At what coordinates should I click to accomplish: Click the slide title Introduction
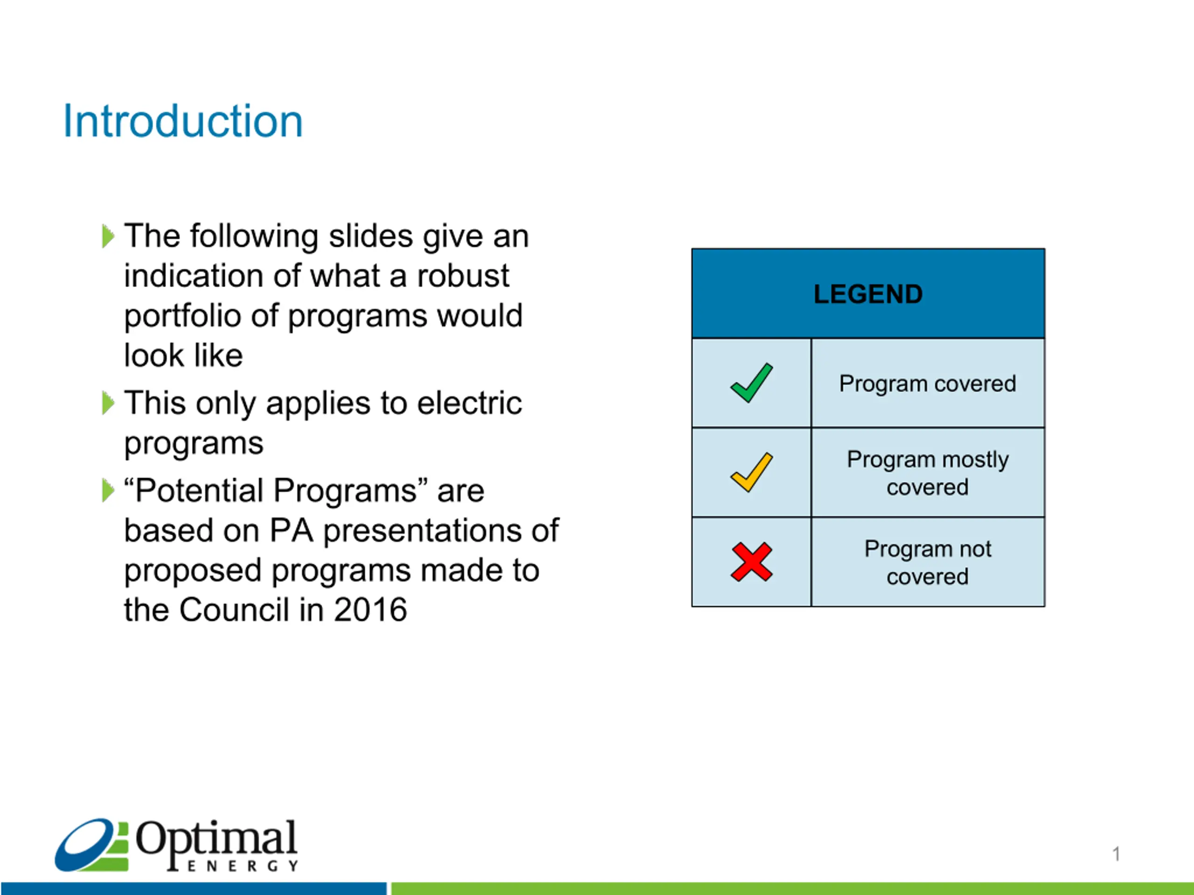182,121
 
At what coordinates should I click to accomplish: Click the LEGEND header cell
868,294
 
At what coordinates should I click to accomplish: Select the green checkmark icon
751,383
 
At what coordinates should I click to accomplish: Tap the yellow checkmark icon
751,472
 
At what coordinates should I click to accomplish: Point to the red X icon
751,562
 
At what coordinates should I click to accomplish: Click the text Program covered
927,384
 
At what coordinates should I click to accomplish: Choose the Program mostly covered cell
928,473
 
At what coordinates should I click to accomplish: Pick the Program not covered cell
928,562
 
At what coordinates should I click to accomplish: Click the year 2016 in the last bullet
370,610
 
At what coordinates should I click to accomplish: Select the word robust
463,275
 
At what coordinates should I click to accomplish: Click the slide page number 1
1116,854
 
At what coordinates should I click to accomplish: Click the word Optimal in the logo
216,838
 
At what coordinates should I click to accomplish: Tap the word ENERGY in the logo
243,866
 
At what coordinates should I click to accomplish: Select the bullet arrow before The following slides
108,236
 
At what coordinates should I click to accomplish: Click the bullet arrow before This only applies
108,403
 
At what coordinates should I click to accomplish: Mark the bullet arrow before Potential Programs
108,490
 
